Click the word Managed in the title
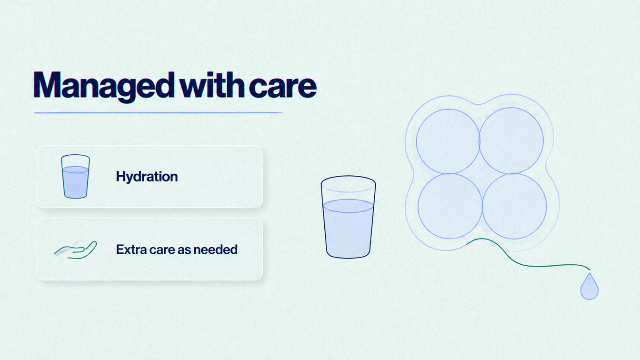104,86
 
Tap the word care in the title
283,86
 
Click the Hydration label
147,177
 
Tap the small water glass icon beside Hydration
75,176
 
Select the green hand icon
76,250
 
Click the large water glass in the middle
348,217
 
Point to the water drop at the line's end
590,287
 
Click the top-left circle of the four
448,141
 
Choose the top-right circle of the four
511,140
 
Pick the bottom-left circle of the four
450,206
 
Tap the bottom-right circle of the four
514,206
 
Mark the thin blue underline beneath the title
158,113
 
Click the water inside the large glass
348,229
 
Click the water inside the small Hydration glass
75,182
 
